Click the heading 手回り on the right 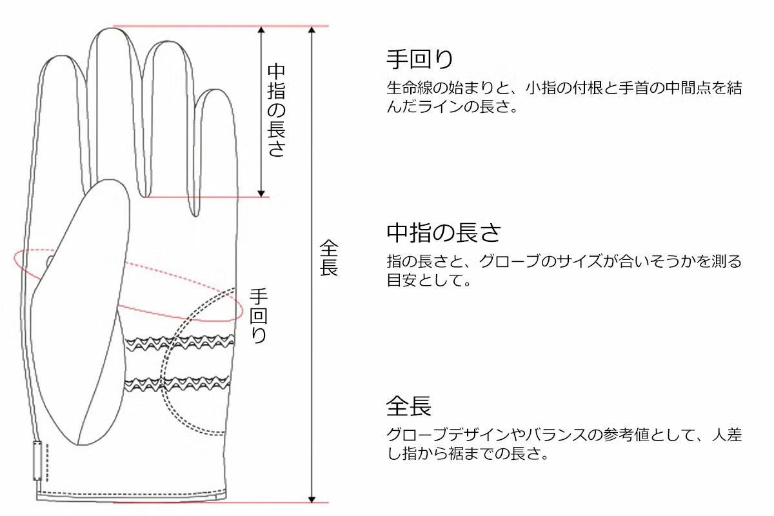[420, 59]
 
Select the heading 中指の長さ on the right [444, 232]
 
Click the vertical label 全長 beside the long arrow [329, 258]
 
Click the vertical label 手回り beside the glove [259, 316]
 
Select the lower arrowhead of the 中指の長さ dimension [261, 192]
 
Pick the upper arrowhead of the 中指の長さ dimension [261, 31]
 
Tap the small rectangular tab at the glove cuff [37, 461]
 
